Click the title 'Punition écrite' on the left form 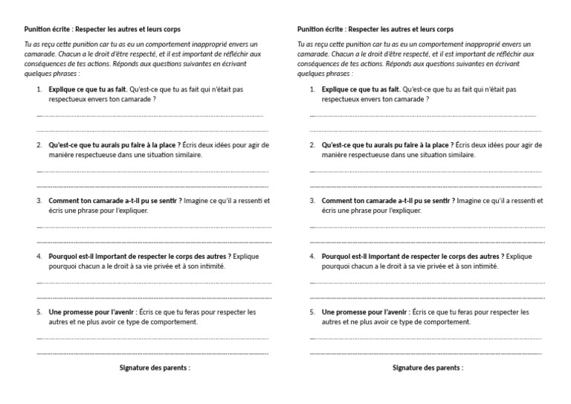(x=48, y=29)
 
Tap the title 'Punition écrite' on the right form (x=320, y=29)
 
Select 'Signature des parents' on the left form (x=155, y=368)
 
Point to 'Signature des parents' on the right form (x=428, y=368)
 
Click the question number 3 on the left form (x=39, y=201)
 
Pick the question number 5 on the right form (x=312, y=312)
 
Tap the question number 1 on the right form (x=312, y=89)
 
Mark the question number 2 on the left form (x=39, y=145)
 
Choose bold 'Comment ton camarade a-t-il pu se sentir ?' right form (x=388, y=201)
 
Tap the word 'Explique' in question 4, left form (x=245, y=256)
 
